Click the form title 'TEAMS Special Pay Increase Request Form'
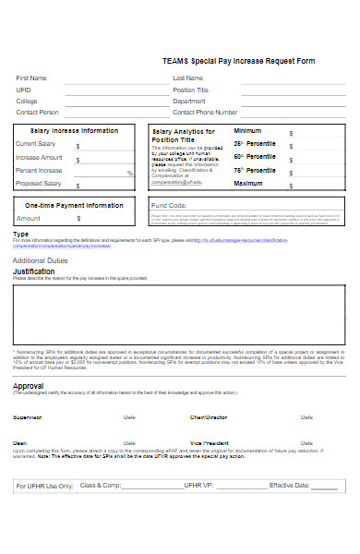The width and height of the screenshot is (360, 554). (x=232, y=61)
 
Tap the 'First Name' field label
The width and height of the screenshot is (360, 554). (x=31, y=78)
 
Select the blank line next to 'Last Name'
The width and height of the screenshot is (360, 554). (x=294, y=81)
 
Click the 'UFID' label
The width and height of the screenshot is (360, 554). (x=23, y=90)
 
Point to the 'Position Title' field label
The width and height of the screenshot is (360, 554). (x=191, y=90)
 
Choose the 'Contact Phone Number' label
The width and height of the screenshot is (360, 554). (x=205, y=112)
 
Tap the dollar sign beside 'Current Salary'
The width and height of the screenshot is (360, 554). (x=78, y=146)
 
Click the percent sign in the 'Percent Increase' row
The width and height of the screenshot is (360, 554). (x=129, y=173)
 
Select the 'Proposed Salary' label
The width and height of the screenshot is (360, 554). (x=39, y=184)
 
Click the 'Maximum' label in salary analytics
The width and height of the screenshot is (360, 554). (x=248, y=183)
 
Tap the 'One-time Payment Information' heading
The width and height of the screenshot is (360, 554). (x=74, y=205)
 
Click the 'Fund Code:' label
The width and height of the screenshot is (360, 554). (x=170, y=205)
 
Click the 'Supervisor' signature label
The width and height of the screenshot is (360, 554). (x=27, y=417)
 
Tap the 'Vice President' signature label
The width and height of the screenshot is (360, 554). (x=210, y=442)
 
